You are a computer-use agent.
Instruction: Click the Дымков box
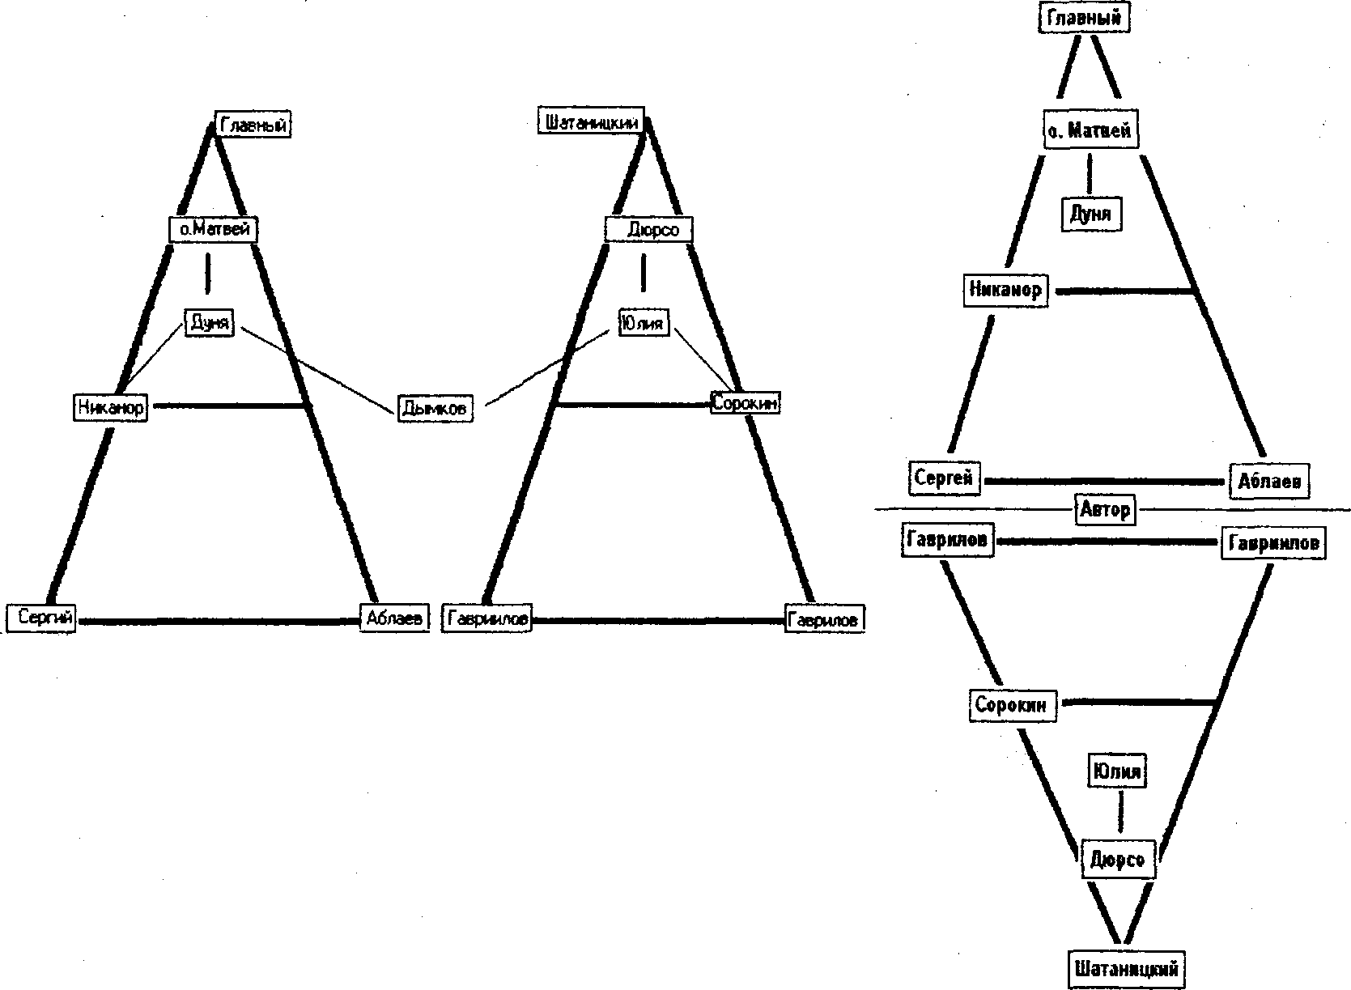(x=434, y=408)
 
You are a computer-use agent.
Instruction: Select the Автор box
(x=1104, y=510)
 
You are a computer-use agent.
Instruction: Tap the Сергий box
(x=41, y=619)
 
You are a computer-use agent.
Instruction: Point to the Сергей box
(x=943, y=478)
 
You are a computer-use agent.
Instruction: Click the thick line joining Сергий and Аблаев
(x=219, y=621)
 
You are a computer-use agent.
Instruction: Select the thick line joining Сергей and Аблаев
(x=1105, y=481)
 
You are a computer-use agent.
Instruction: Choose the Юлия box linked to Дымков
(x=644, y=324)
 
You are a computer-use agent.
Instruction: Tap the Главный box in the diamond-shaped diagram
(x=1083, y=18)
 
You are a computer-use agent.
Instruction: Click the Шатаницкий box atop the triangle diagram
(x=593, y=123)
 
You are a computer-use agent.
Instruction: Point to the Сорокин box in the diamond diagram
(x=1010, y=704)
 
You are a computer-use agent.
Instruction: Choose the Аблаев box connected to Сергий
(x=394, y=619)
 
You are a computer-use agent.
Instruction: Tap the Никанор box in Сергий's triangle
(x=110, y=406)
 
